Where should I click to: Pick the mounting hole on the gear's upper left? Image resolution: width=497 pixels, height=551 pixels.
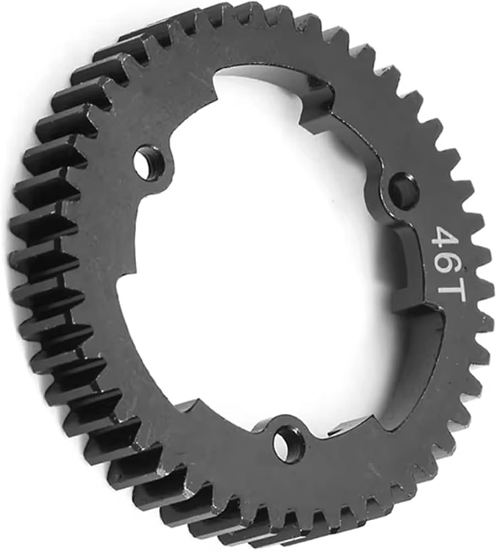[149, 160]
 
